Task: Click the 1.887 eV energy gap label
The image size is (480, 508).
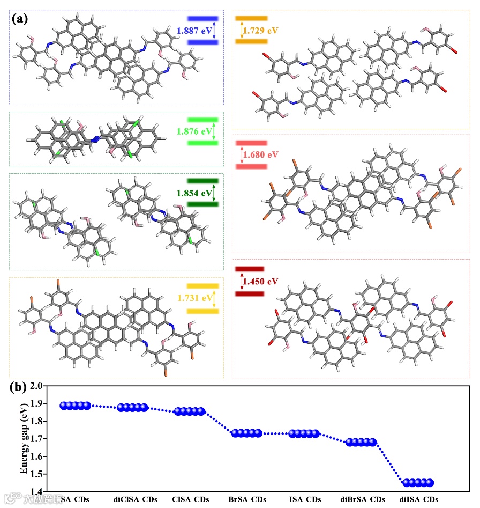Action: [x=194, y=31]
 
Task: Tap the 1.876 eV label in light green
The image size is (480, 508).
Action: [x=194, y=131]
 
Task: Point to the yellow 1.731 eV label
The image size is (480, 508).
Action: [x=193, y=298]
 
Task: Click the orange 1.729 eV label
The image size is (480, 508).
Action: [x=260, y=31]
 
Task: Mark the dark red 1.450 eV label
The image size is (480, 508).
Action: [x=260, y=281]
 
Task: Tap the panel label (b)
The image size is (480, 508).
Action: [x=20, y=387]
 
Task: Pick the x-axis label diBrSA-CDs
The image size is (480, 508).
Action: [x=363, y=499]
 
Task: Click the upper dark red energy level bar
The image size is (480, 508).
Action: [x=249, y=269]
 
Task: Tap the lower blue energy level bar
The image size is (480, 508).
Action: [x=202, y=42]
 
